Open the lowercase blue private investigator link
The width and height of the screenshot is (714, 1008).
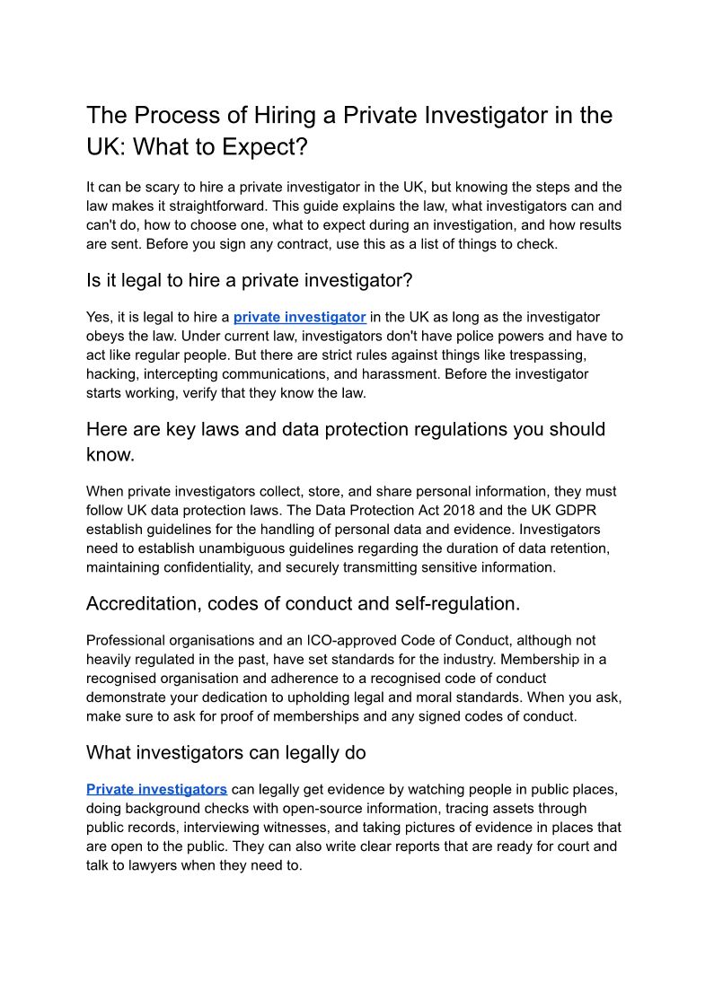[x=299, y=317]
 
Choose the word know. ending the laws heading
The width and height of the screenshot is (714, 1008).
[x=110, y=454]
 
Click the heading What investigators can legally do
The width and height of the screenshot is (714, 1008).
[x=225, y=752]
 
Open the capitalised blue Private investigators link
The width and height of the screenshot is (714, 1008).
[x=156, y=789]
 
